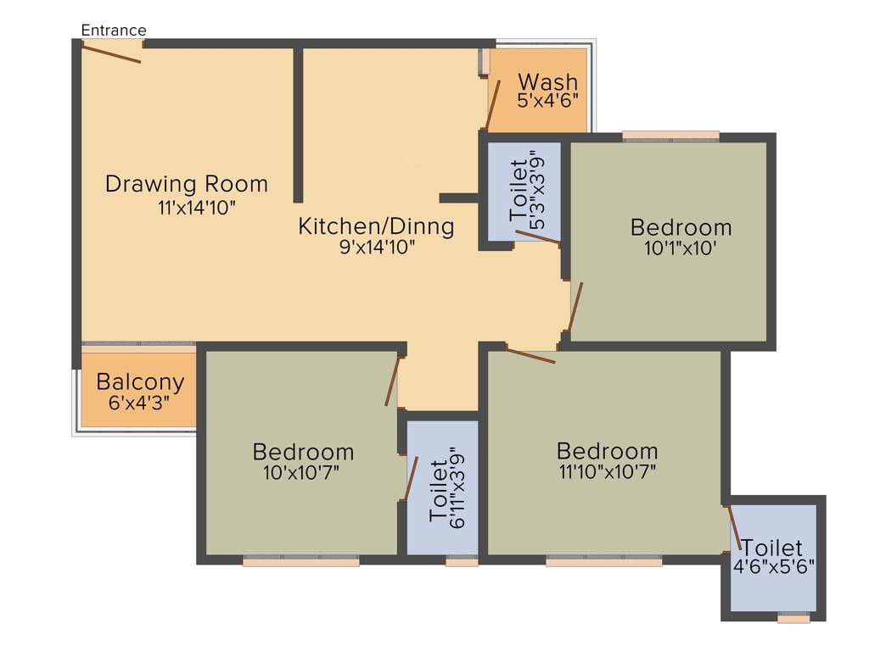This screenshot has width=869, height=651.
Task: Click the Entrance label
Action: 113,31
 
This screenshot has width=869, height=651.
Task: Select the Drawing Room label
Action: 186,184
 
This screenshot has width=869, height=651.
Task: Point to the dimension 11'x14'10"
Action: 196,208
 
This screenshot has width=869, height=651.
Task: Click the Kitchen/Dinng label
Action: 376,226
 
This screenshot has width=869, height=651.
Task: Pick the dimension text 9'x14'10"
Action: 376,248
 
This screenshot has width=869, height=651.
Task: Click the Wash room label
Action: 547,82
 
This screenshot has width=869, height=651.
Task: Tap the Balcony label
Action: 140,381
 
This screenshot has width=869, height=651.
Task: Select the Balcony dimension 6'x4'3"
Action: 139,403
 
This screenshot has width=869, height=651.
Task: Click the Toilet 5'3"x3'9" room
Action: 524,191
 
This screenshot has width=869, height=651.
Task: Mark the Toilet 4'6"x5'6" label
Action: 773,548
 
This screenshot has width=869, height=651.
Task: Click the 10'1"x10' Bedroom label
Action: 681,227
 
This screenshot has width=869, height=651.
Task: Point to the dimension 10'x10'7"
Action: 302,472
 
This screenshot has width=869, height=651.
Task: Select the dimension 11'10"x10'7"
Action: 606,471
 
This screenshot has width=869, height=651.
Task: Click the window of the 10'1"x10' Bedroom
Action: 670,135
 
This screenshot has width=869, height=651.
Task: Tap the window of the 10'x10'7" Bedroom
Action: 301,560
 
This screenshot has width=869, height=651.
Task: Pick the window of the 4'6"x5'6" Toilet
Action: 793,618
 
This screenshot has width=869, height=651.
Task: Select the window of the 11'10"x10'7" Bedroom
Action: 603,560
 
